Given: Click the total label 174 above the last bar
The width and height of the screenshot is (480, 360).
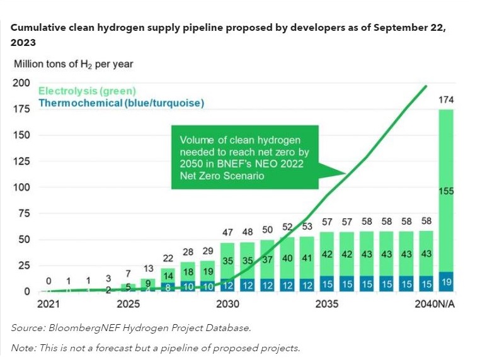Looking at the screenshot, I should tap(446, 100).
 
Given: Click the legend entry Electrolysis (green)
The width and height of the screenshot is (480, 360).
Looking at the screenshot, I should tap(88, 91).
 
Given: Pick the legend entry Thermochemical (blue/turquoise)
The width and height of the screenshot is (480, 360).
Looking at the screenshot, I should tap(122, 103).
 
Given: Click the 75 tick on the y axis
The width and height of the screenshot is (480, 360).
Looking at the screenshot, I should tap(22, 213).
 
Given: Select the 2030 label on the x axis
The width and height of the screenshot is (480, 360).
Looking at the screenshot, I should tap(227, 304).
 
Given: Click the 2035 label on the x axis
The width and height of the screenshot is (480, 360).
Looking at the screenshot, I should tap(326, 304).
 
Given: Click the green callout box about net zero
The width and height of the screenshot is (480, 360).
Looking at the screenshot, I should tap(245, 157).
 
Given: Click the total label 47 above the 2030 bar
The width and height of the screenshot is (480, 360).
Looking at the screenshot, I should tap(228, 232).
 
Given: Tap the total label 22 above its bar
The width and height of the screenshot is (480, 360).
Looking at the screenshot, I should tap(168, 258).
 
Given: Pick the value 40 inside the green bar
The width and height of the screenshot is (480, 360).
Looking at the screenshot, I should tap(287, 258).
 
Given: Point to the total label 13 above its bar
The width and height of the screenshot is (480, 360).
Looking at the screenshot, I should tap(147, 268).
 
